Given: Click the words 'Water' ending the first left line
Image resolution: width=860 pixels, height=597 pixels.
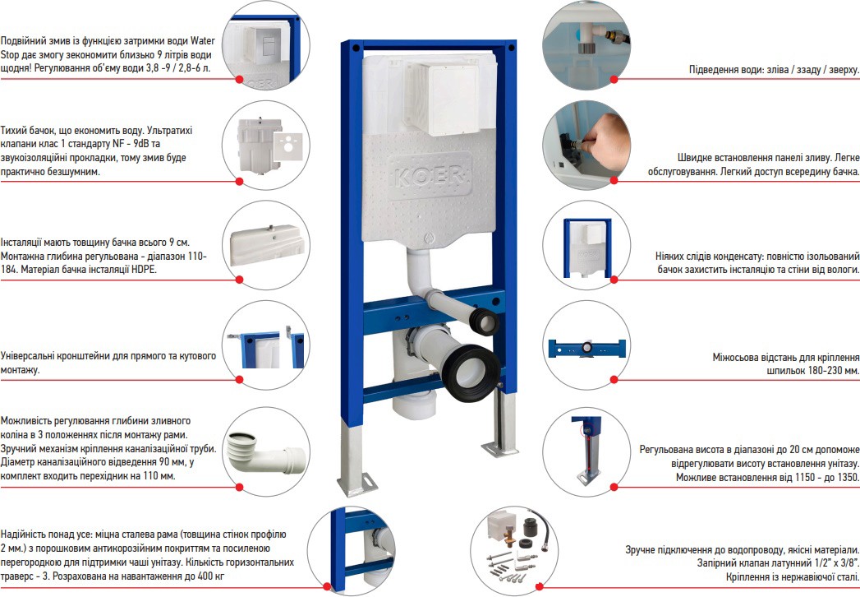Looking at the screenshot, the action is (202, 40).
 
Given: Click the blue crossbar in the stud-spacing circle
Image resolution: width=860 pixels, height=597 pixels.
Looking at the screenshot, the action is (586, 348).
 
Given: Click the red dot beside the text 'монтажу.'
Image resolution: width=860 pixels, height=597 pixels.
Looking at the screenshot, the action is (239, 379).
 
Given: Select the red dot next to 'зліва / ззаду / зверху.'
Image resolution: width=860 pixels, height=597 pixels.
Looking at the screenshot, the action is (614, 80).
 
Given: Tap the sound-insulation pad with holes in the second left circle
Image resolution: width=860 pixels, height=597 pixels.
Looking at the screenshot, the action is (288, 146).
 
